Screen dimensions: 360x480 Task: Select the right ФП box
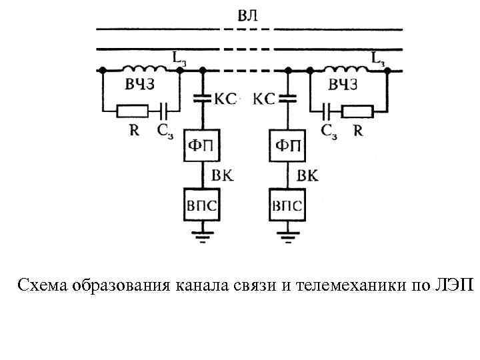[287, 145]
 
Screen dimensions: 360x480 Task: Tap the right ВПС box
[287, 205]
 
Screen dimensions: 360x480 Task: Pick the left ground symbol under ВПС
[202, 233]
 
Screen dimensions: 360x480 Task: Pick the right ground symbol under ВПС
[287, 233]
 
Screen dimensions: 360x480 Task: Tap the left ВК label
[222, 175]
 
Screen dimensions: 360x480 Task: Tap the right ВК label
[307, 175]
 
